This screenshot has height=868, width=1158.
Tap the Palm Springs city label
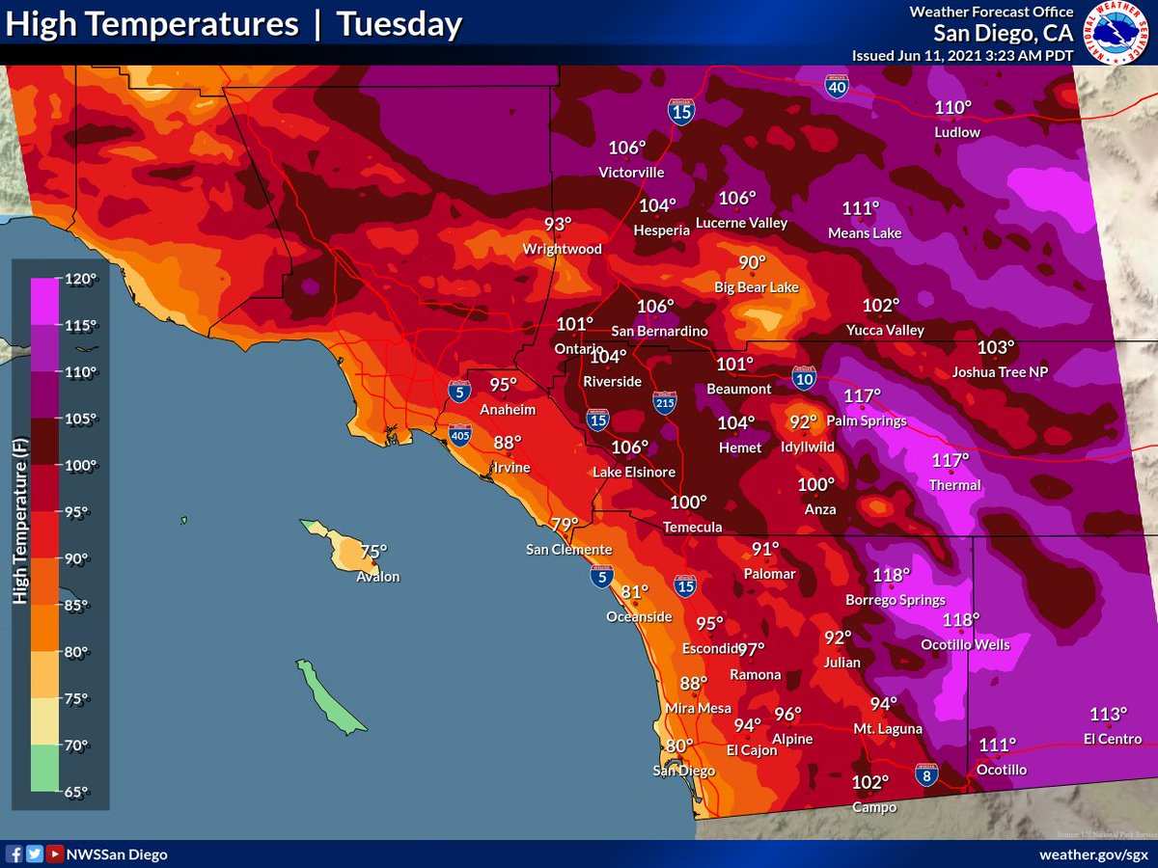tap(872, 420)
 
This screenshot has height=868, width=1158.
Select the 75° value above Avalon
tap(372, 552)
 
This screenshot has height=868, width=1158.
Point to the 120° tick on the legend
tap(81, 280)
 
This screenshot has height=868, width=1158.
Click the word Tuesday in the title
tap(399, 25)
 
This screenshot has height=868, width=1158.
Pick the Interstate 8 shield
tap(925, 774)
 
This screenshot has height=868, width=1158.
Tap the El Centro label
tap(1112, 739)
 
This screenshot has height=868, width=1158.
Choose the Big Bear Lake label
tap(756, 287)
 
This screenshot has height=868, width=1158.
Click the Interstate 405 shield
tap(460, 437)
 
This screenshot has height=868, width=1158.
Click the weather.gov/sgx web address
tap(1093, 854)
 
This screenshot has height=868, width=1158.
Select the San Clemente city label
tap(568, 550)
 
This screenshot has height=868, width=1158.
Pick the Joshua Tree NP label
tap(999, 372)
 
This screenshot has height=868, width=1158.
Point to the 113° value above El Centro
tap(1108, 715)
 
